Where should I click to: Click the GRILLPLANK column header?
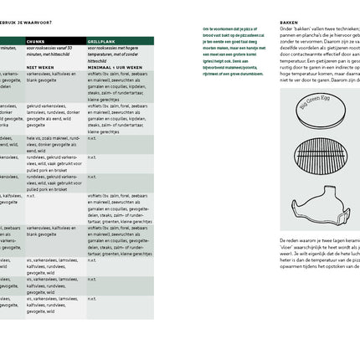point(101,40)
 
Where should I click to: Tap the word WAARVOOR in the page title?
point(33,23)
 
